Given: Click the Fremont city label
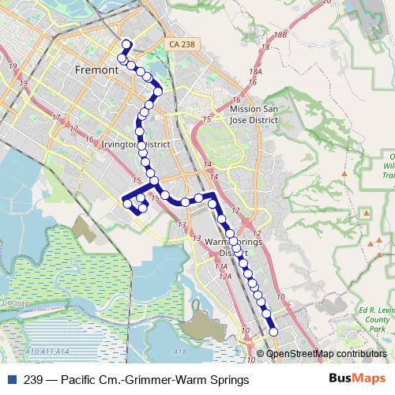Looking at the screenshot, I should point(96,70).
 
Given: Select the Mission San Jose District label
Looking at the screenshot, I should point(254,115).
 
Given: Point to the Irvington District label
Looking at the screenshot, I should point(136,145).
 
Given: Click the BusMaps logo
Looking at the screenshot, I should point(358,379).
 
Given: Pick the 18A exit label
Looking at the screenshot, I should point(254,71).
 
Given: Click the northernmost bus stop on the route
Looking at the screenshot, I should point(126,43).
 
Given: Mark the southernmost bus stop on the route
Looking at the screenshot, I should point(273,333).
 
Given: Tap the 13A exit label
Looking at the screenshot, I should point(221,267).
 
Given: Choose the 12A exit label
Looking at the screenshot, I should point(225,276).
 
